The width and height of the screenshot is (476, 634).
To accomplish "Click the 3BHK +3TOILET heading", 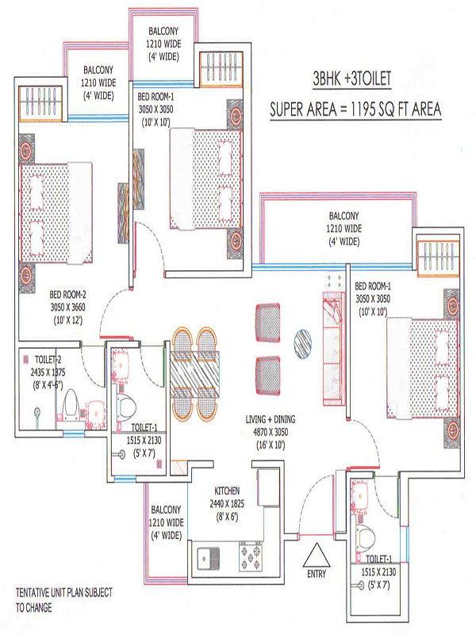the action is (x=351, y=78).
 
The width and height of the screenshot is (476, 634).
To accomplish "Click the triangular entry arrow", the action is (x=317, y=555).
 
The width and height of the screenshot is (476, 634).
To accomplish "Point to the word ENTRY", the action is (x=317, y=574).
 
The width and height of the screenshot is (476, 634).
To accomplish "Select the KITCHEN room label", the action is (x=227, y=491).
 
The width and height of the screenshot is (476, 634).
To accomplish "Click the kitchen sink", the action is (x=208, y=559).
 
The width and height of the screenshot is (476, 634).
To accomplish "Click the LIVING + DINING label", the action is (x=271, y=419).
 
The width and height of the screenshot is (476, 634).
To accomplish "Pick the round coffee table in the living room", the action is (x=302, y=344).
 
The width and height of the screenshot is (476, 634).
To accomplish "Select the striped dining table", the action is (x=194, y=374).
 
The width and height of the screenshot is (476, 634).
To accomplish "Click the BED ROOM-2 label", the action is (x=67, y=294).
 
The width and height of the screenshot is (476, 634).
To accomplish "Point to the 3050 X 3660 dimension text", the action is (x=67, y=307).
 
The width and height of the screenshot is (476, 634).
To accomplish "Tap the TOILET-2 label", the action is (x=48, y=360).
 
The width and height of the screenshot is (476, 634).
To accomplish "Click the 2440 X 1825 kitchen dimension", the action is (x=227, y=504).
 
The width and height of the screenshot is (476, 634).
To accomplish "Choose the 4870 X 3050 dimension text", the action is (x=271, y=432).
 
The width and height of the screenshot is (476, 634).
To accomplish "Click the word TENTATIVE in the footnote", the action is (x=33, y=593).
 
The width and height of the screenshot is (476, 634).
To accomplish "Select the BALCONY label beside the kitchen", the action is (x=166, y=510).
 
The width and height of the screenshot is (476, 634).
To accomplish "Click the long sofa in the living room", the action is (x=332, y=349).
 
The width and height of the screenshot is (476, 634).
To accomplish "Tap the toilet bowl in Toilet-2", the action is (x=71, y=403).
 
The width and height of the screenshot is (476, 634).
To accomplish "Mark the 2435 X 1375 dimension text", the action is (x=48, y=372).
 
